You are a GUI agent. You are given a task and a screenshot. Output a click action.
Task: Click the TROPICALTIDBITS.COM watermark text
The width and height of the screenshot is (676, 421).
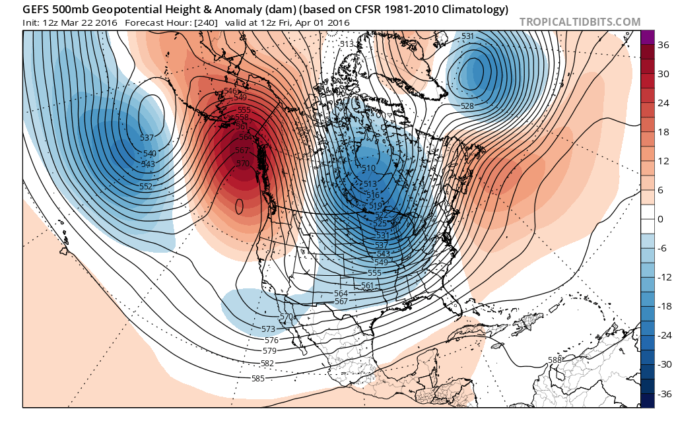580,22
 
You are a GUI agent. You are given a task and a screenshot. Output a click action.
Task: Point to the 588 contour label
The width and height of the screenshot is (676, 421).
555,360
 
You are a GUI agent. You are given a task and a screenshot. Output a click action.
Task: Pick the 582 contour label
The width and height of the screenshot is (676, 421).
267,363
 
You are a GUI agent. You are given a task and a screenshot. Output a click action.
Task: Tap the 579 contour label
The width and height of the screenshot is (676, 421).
269,350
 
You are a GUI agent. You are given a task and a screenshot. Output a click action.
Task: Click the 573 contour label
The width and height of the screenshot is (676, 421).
268,329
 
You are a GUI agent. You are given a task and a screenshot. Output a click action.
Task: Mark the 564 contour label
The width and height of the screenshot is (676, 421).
341,293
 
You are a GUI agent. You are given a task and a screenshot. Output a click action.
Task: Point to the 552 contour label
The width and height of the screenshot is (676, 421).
146,186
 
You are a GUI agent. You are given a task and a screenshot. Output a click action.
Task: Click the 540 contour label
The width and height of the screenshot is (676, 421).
149,153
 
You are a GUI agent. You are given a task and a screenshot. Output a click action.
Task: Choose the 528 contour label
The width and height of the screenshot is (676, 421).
467,106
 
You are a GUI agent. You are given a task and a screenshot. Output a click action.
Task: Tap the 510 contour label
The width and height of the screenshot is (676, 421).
369,168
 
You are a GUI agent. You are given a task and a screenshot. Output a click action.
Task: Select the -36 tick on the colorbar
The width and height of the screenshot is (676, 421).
661,394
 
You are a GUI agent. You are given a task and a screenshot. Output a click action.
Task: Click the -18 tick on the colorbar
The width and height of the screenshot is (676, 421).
661,306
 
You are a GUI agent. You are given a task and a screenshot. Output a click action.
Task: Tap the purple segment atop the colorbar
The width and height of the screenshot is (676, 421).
647,37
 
